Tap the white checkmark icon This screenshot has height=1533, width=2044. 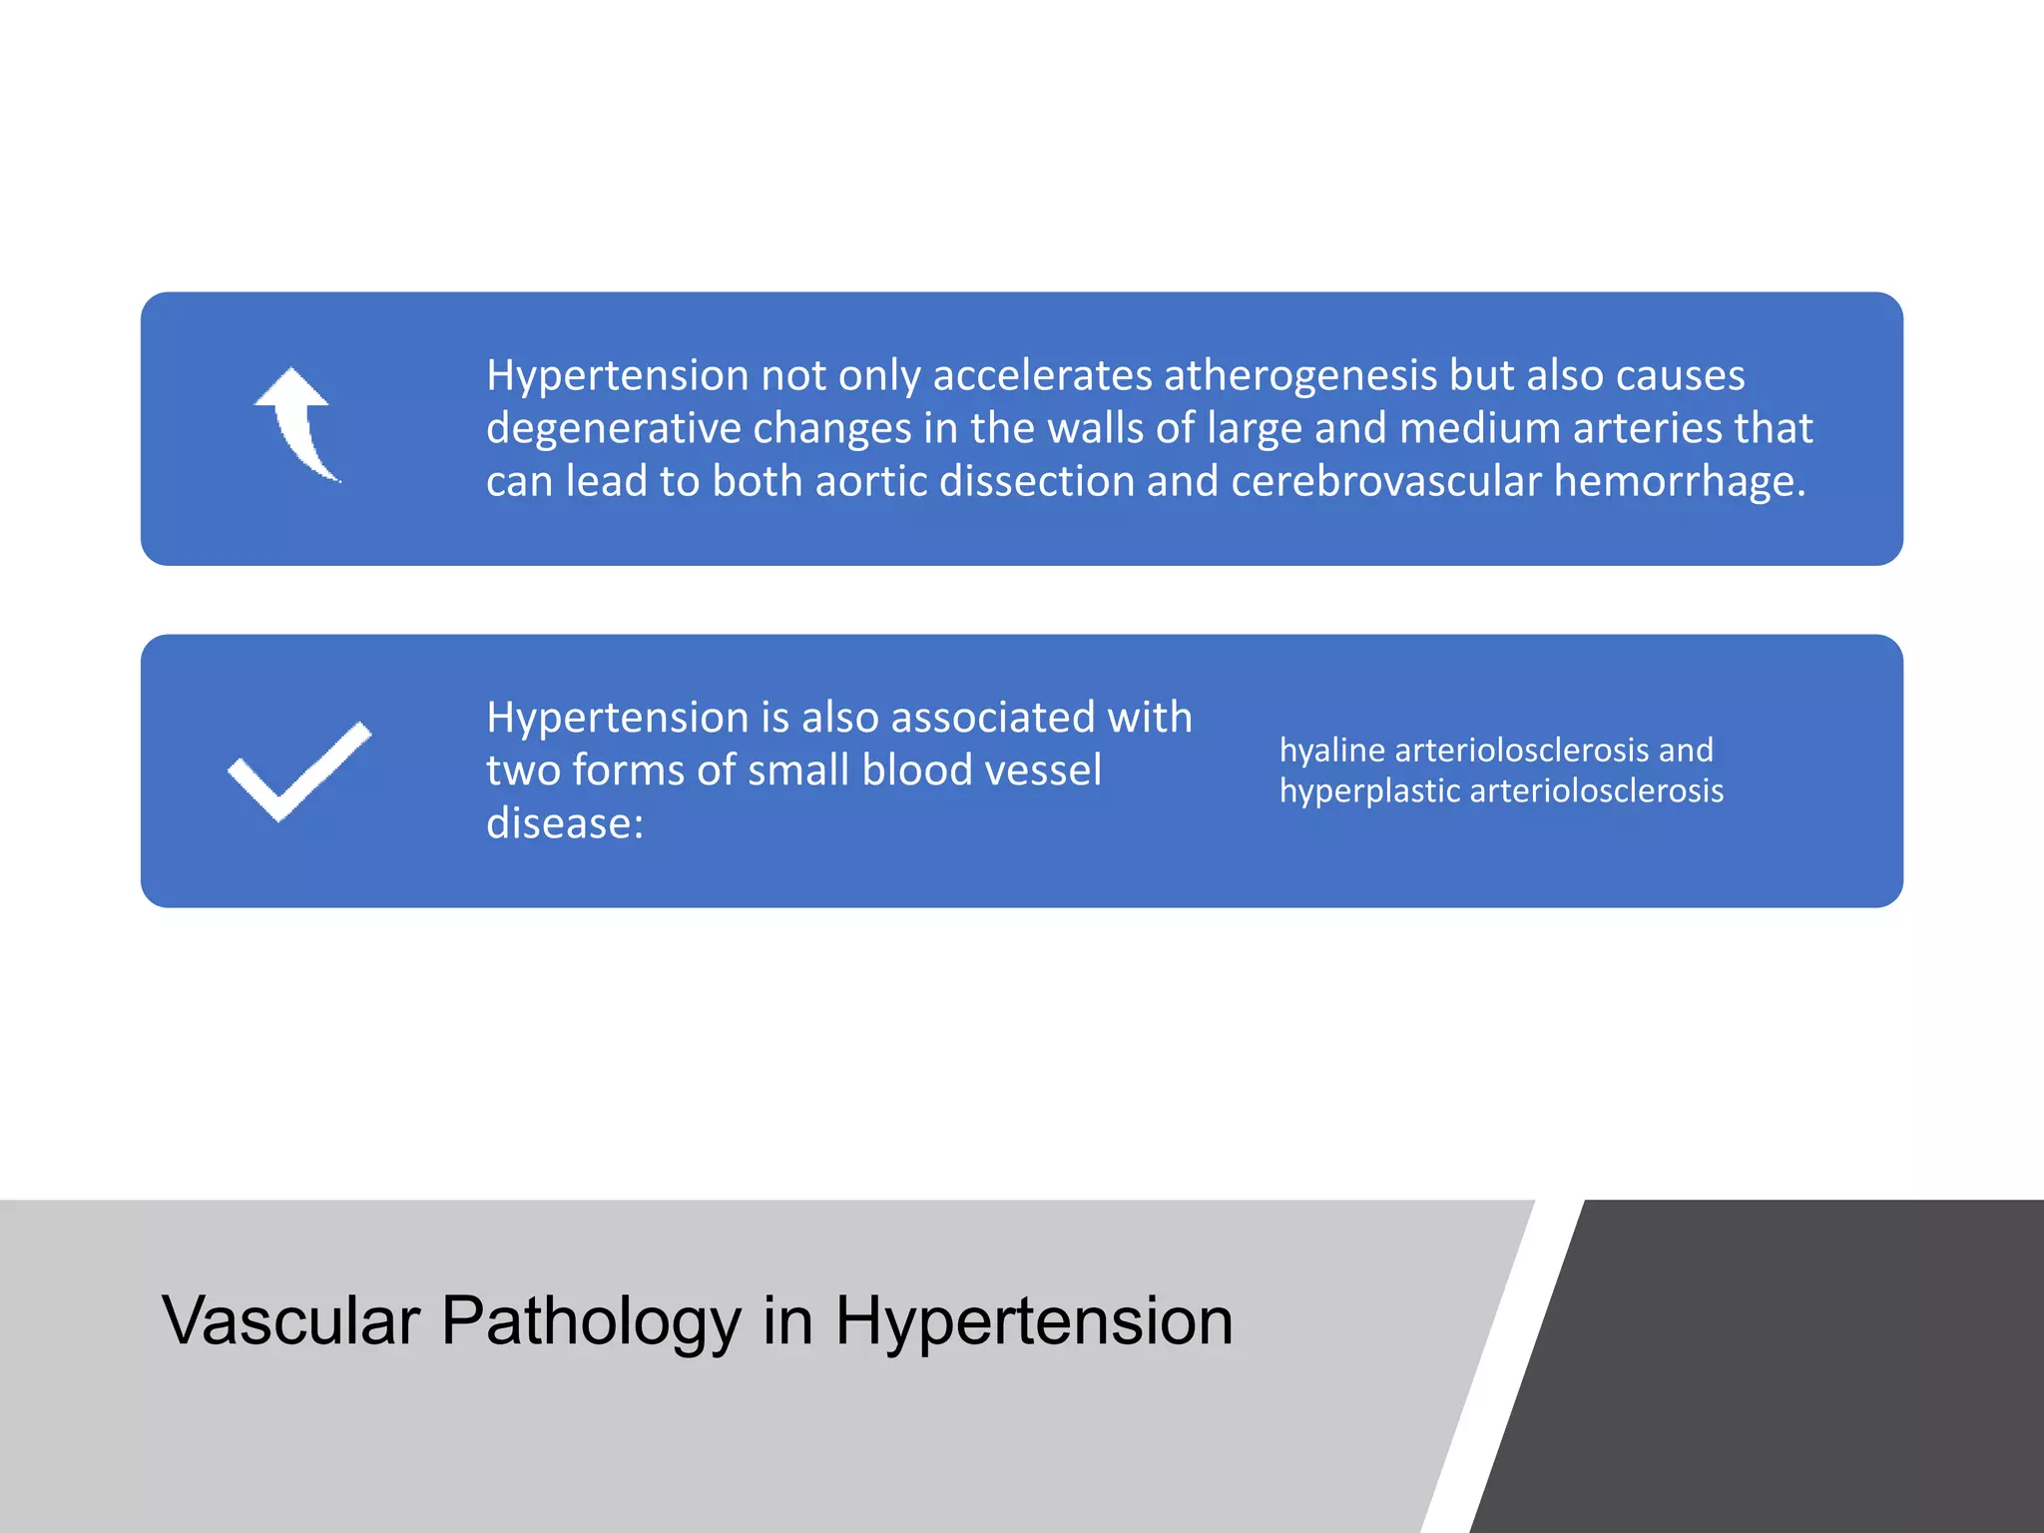pyautogui.click(x=299, y=771)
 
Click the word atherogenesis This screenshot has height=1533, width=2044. pyautogui.click(x=1300, y=376)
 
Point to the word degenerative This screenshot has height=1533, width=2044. pyautogui.click(x=613, y=429)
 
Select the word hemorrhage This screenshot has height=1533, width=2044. pyautogui.click(x=1680, y=482)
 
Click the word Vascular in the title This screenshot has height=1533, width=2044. pyautogui.click(x=290, y=1321)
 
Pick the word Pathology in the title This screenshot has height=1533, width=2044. pyautogui.click(x=591, y=1321)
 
